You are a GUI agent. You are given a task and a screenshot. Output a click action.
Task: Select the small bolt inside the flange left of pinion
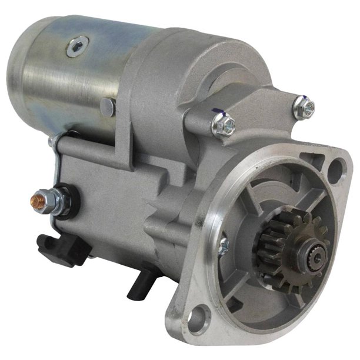tap(223, 246)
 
